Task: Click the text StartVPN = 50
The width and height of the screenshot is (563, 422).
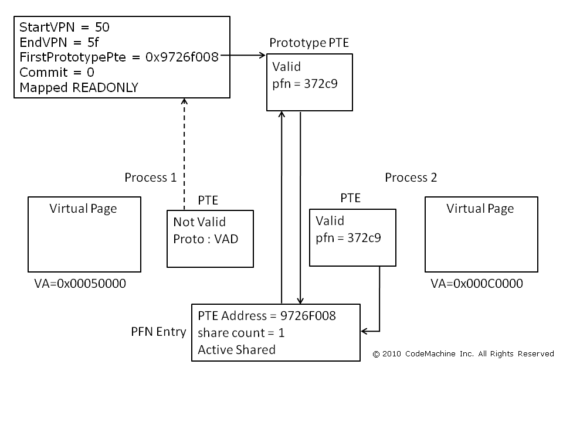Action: point(65,27)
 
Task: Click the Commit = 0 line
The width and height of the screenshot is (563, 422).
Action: point(56,73)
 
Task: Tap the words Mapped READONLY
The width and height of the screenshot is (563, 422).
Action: point(79,88)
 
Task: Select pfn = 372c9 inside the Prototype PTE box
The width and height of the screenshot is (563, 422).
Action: point(304,83)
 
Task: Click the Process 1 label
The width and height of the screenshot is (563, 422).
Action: point(151,178)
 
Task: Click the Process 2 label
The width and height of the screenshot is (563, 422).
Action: point(411,178)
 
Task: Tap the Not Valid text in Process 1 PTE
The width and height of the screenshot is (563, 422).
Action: point(199,222)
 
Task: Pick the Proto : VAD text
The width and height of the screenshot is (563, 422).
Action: point(206,239)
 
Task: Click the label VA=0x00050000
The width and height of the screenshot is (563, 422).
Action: point(80,284)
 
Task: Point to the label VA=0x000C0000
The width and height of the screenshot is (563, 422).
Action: point(477,284)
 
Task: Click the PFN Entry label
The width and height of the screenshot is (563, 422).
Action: point(158,332)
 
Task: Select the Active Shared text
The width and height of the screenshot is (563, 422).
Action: point(236,349)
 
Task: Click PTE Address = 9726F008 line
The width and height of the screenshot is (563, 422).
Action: point(267,316)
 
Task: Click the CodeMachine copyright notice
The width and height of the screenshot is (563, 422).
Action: point(463,353)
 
